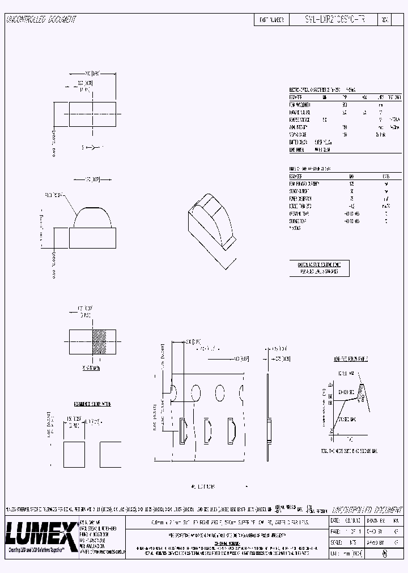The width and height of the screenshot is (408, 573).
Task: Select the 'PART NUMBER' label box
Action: pos(271,19)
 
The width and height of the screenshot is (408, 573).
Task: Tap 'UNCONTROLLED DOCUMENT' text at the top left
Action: pos(40,19)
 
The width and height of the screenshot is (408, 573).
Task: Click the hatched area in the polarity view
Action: pos(99,341)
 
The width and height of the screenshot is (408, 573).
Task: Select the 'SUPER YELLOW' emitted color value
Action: pos(324,143)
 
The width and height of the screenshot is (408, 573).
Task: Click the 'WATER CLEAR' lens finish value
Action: pos(324,150)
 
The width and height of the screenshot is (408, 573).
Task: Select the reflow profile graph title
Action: pos(350,359)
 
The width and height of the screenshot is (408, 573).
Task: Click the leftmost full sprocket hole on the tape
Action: pos(195,392)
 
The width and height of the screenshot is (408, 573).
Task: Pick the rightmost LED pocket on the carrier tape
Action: pos(231,430)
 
